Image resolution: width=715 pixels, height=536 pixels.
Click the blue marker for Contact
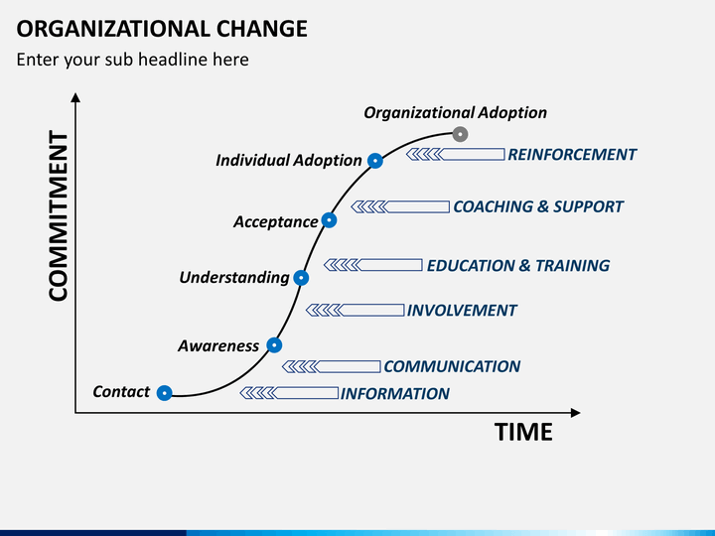165,392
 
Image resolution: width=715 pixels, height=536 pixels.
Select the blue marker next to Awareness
274,345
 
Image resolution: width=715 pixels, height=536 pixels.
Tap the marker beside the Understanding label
302,278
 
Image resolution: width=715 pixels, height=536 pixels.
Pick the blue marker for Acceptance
330,220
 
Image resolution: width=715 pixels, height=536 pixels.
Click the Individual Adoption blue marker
375,160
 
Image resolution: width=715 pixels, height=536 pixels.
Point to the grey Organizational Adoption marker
460,134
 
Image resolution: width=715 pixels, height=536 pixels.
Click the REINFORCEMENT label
571,155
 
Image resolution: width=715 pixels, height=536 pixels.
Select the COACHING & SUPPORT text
537,207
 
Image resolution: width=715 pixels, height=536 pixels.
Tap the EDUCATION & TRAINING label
517,266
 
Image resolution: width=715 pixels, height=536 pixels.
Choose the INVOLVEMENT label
462,311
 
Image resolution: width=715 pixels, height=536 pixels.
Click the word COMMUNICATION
452,366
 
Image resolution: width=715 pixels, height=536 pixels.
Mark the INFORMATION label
395,394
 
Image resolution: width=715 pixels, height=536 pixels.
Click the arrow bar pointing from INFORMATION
289,394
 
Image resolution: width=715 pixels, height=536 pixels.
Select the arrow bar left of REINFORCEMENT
456,154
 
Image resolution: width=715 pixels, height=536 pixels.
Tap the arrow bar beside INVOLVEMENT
355,311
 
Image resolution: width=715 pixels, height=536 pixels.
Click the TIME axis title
523,433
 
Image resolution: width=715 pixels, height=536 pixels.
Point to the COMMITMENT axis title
59,215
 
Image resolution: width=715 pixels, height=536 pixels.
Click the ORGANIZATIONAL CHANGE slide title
161,28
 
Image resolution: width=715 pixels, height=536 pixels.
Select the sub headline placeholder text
132,60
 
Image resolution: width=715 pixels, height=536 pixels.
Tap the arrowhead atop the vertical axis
75,97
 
